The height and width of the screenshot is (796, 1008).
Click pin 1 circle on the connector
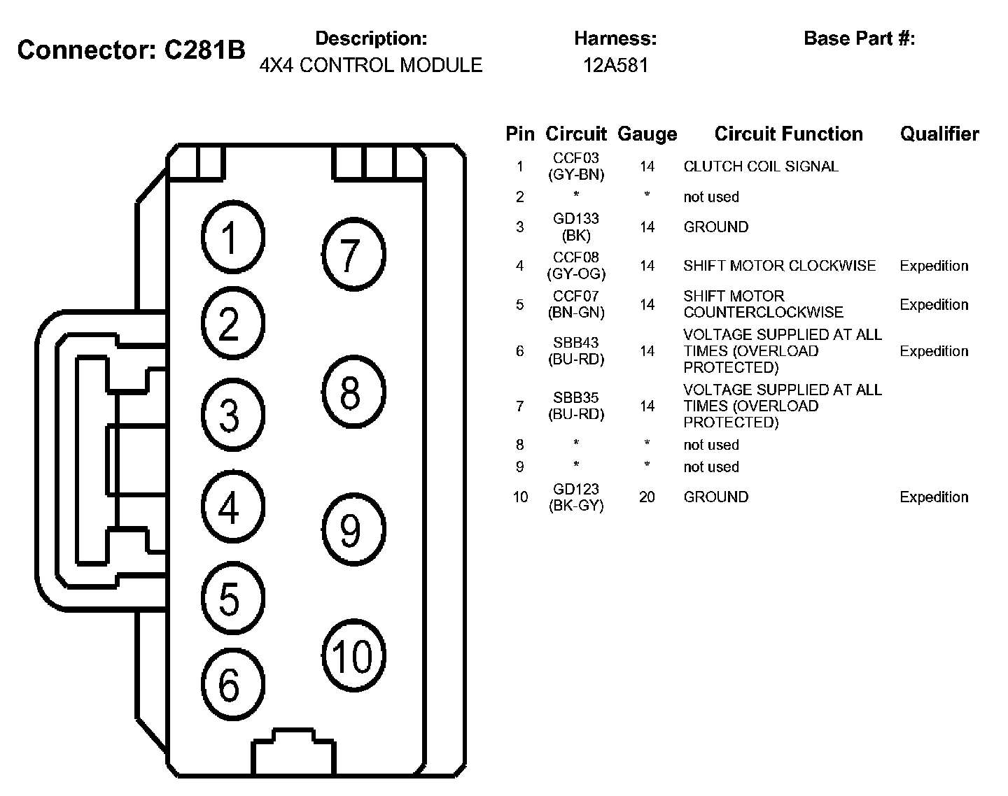tap(233, 237)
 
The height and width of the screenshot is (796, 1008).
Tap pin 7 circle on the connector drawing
tap(353, 255)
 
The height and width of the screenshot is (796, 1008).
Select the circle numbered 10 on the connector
tap(353, 655)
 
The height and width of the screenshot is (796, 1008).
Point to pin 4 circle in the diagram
tap(233, 507)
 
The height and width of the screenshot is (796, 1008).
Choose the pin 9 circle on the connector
tap(353, 529)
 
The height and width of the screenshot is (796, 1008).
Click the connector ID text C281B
tap(204, 50)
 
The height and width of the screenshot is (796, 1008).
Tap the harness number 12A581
tap(615, 65)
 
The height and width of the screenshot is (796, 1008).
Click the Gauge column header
tap(647, 134)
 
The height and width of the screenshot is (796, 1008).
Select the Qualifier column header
tap(939, 134)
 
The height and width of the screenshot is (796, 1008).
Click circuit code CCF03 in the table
tap(576, 158)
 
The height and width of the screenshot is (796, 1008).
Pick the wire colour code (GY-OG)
tap(576, 273)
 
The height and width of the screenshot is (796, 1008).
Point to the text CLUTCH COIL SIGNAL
tap(760, 166)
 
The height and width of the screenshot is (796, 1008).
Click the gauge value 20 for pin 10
tap(647, 497)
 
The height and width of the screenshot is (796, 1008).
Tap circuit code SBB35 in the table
tap(576, 398)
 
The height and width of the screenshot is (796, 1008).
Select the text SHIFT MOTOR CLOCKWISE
tap(779, 266)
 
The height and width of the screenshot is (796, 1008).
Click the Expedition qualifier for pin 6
tap(934, 351)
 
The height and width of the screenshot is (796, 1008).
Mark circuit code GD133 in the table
tap(576, 219)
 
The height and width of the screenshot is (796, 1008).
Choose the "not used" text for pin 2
tap(710, 197)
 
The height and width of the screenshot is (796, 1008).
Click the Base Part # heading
tap(859, 38)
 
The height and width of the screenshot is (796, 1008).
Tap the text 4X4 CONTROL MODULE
tap(370, 65)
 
